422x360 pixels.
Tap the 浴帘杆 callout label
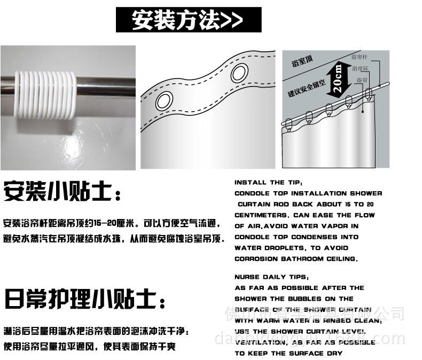[359, 56]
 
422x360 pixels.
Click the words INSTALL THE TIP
[268, 182]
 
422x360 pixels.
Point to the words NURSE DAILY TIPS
[271, 277]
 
